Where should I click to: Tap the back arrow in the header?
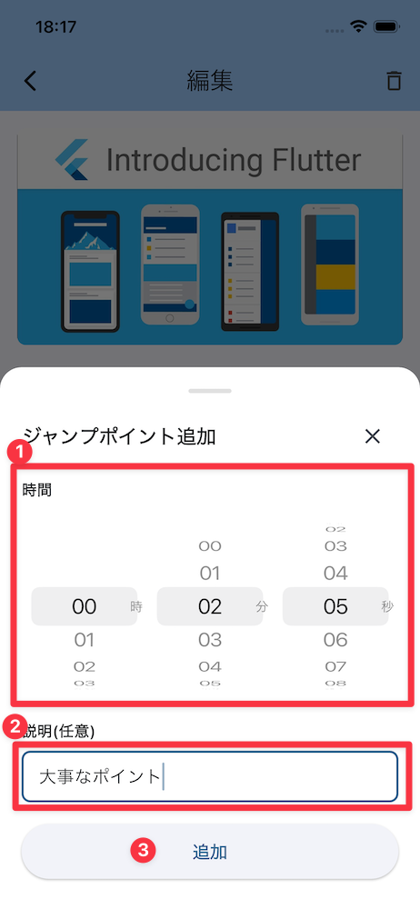[x=30, y=81]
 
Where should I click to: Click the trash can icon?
[x=394, y=81]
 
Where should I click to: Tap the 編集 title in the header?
[x=209, y=81]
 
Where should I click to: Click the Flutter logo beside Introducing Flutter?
[x=72, y=159]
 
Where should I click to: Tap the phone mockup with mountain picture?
[x=91, y=271]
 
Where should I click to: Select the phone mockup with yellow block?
[x=329, y=265]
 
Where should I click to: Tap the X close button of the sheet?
[x=373, y=436]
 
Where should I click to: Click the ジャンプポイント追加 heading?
[x=119, y=436]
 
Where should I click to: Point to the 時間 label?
[x=37, y=490]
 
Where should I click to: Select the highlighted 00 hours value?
[x=85, y=606]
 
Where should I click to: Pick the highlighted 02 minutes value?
[x=210, y=606]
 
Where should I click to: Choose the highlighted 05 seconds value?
[x=335, y=606]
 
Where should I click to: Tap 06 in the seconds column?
[x=335, y=640]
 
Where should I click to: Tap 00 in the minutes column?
[x=210, y=546]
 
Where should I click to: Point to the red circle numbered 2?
[x=15, y=726]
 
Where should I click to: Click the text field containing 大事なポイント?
[x=210, y=776]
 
